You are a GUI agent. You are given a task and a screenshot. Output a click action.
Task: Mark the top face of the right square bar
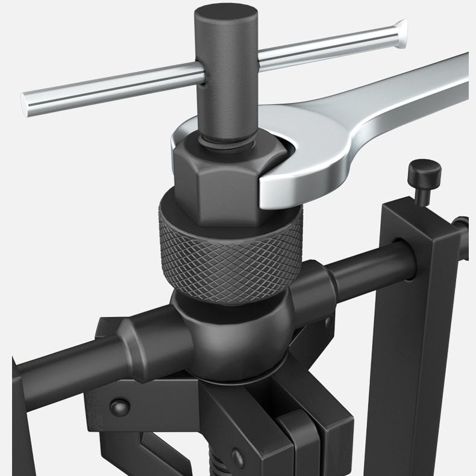point(416,218)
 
